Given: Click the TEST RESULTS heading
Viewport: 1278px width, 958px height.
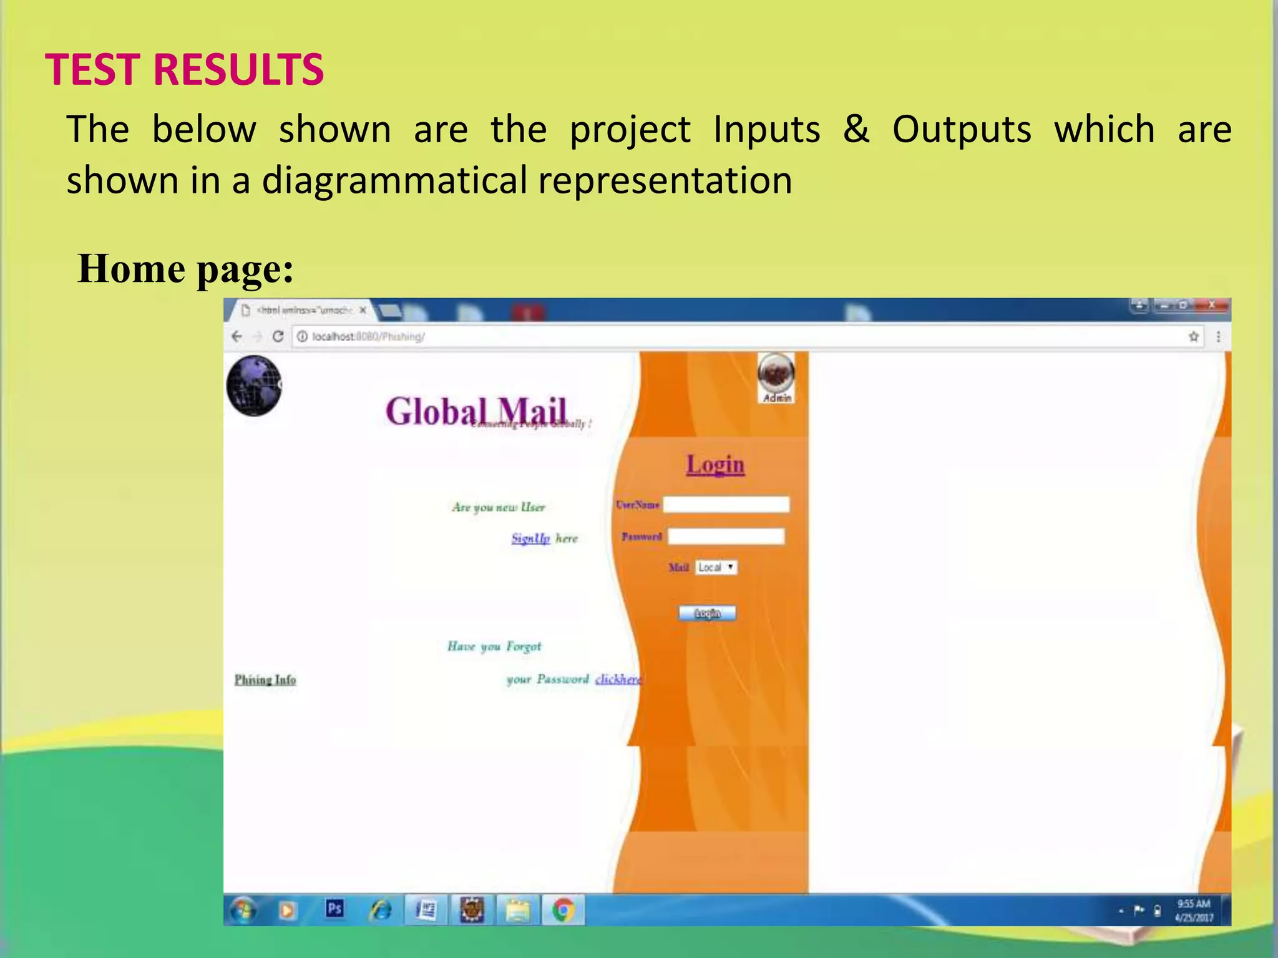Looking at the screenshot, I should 185,69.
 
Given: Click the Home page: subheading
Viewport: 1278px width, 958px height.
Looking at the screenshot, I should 185,269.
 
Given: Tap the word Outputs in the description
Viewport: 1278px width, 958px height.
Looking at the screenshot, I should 961,130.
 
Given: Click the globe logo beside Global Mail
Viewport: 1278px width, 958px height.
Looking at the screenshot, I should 254,385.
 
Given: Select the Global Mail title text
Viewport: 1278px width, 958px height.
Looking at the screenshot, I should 476,411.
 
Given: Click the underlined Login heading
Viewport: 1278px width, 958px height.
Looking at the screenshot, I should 715,464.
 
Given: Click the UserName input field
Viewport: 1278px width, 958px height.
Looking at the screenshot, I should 726,504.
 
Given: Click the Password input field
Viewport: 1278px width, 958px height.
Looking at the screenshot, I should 726,536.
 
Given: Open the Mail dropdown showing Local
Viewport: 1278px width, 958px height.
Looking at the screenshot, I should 716,567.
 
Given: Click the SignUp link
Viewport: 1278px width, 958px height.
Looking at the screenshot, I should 530,538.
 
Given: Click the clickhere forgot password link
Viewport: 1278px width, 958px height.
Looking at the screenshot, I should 617,679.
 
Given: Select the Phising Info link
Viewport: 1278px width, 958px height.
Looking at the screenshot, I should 265,679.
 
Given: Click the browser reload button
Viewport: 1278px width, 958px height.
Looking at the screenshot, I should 278,336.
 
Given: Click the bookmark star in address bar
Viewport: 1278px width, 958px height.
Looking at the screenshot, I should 1193,337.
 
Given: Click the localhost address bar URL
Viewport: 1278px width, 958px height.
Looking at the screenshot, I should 368,337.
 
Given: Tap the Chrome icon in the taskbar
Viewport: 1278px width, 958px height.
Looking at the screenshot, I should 563,911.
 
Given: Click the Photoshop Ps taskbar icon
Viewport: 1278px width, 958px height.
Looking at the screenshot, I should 334,909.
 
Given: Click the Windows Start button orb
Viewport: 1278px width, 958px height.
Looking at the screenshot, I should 243,911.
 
